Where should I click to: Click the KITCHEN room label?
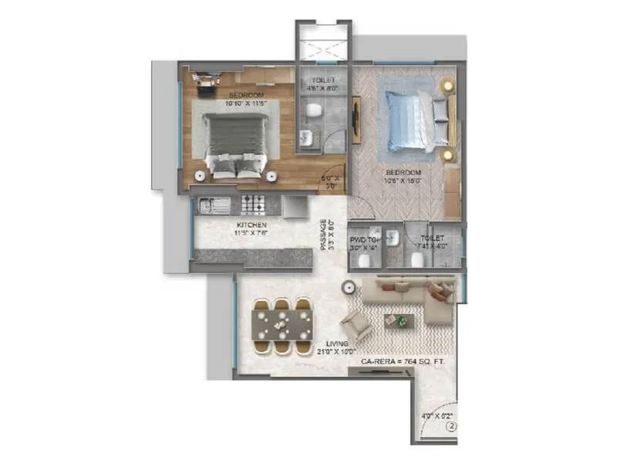251,225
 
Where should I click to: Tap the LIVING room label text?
337,342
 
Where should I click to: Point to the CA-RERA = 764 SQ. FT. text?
403,361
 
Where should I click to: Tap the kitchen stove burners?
254,204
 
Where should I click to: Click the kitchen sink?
208,205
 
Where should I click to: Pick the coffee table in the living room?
398,319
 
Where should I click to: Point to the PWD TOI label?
362,239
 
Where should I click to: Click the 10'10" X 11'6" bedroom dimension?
245,103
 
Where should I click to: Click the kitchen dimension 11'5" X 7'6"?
251,234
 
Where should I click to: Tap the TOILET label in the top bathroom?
323,80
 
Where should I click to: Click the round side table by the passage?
349,287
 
